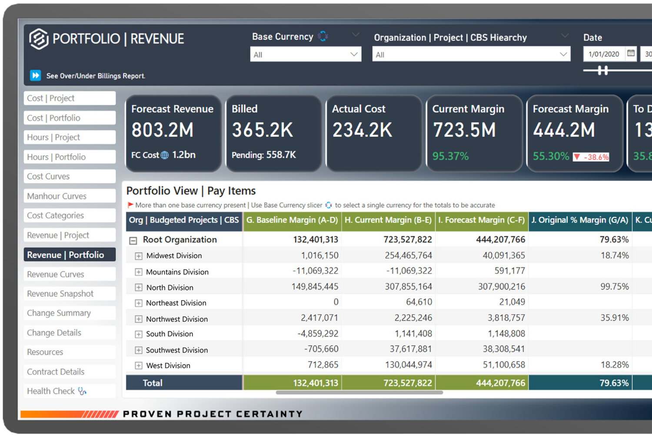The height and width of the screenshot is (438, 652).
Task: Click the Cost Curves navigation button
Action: click(x=69, y=176)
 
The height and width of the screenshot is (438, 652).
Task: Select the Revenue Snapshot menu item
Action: click(x=69, y=294)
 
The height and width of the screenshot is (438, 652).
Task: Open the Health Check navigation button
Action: click(x=69, y=391)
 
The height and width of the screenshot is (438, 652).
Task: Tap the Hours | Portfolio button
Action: click(x=69, y=157)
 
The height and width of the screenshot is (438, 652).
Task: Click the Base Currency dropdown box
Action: click(x=305, y=54)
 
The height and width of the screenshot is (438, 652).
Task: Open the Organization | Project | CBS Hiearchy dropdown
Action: click(x=471, y=54)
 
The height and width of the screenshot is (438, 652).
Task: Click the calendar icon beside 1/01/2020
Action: click(x=631, y=53)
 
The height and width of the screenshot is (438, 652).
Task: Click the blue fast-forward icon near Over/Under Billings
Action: click(x=35, y=75)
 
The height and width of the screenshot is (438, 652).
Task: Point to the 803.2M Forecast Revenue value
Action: click(x=162, y=130)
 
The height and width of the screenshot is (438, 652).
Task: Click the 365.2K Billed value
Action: click(x=262, y=130)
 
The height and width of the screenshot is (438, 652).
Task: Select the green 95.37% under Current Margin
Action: click(x=450, y=156)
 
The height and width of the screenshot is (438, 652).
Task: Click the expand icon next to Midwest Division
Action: click(x=139, y=256)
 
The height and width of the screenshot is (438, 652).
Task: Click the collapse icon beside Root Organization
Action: click(x=133, y=240)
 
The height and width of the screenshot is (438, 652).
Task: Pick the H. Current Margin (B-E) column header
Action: click(x=388, y=220)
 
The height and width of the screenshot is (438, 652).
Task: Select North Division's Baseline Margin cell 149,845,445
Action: click(x=315, y=287)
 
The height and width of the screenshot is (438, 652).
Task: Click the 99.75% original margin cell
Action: click(x=614, y=287)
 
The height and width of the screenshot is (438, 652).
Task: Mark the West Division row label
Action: click(x=168, y=365)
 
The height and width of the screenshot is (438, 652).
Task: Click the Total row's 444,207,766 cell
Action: click(x=500, y=383)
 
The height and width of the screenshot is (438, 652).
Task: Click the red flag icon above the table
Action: click(x=130, y=205)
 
